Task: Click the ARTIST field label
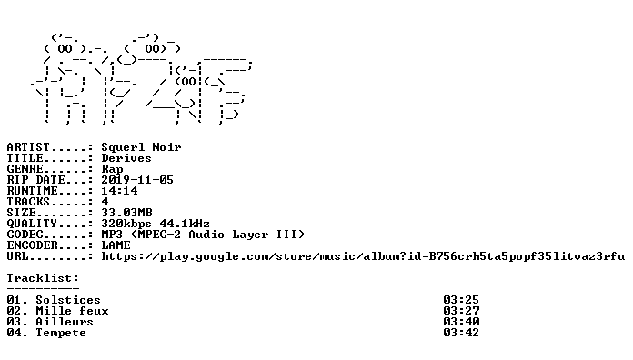(28, 147)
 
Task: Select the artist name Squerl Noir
(141, 147)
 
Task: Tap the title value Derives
(126, 158)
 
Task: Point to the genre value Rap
(112, 169)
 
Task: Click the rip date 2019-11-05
(137, 180)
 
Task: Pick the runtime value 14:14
(119, 191)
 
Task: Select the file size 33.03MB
(126, 213)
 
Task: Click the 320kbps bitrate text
(126, 224)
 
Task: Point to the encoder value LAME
(116, 245)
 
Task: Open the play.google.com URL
(363, 256)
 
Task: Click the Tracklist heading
(43, 278)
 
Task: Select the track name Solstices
(68, 300)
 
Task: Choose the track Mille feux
(72, 311)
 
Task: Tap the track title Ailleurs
(65, 322)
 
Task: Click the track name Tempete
(61, 333)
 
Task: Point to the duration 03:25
(461, 300)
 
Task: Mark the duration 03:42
(461, 333)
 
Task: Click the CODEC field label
(25, 235)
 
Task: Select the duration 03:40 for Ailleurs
(461, 322)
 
